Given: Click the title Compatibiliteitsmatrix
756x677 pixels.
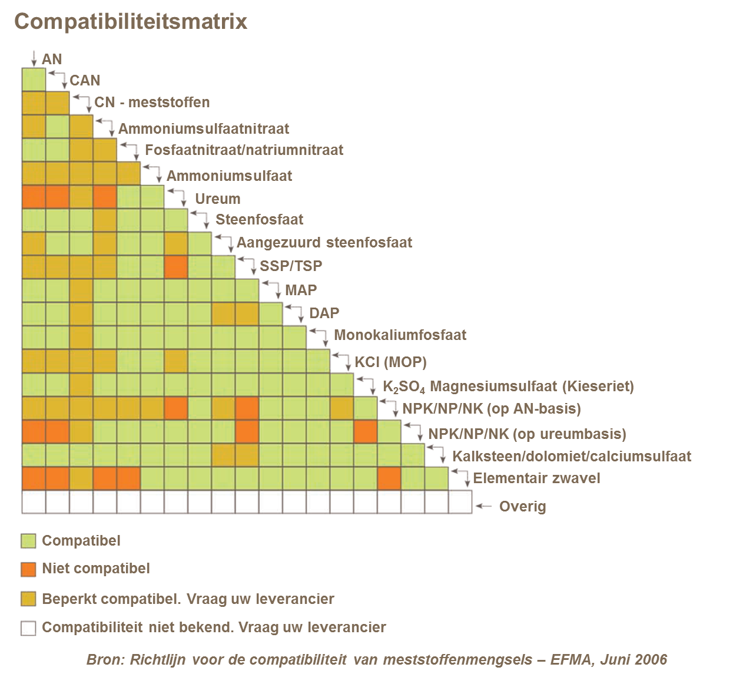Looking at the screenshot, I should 130,22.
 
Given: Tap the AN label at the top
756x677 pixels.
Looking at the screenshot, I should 52,59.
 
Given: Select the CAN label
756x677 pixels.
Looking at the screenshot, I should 85,80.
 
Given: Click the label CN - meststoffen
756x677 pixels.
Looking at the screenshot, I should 152,102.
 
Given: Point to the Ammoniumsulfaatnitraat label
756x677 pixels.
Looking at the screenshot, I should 204,128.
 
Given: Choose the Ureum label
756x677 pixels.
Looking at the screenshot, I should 217,199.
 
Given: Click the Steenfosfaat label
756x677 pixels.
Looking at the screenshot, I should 259,220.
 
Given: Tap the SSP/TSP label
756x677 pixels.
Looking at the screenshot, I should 291,266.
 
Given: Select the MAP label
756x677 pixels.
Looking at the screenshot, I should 301,290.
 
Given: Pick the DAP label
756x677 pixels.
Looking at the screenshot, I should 324,313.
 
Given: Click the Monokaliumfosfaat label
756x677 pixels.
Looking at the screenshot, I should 400,335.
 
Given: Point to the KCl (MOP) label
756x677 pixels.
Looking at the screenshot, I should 390,362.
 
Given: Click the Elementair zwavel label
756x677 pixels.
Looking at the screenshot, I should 536,478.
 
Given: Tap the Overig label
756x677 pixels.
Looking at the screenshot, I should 522,506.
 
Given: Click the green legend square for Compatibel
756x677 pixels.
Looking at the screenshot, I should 28,541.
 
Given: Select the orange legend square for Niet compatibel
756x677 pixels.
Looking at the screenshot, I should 28,569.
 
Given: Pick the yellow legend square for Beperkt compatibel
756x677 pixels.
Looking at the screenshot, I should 28,599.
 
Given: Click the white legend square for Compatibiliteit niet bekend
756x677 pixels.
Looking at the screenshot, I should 28,628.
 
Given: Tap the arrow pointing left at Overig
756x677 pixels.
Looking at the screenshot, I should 483,506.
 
